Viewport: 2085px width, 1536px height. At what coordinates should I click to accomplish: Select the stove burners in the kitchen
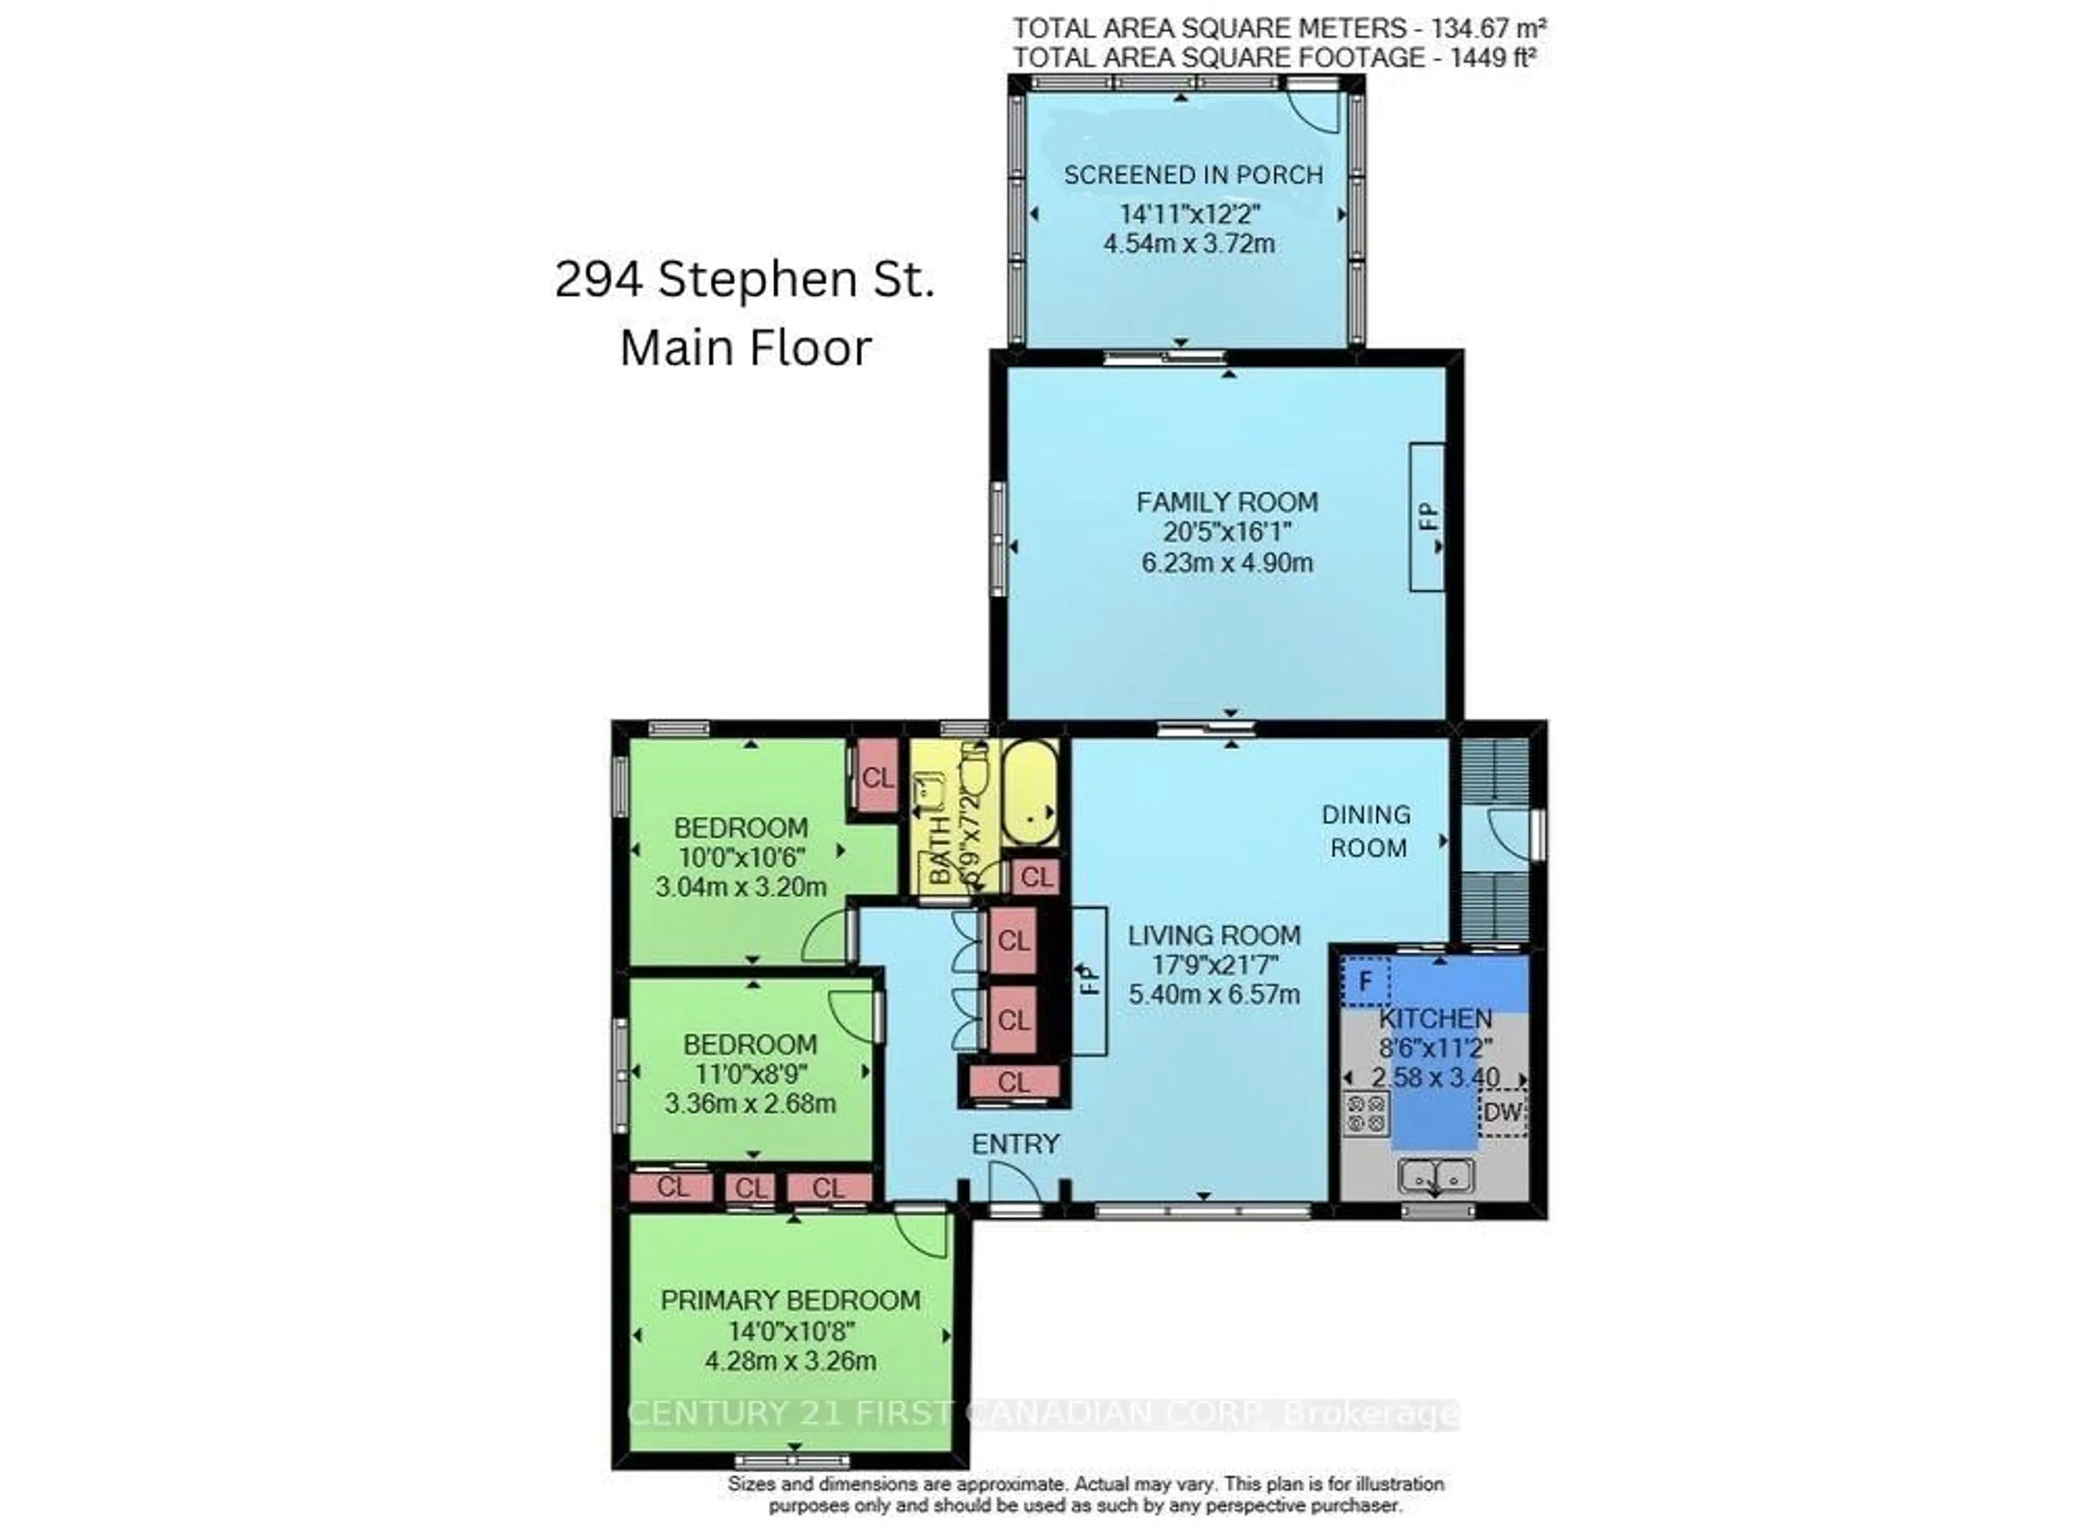(1365, 1114)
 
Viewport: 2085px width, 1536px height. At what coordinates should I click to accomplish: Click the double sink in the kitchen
(1435, 1176)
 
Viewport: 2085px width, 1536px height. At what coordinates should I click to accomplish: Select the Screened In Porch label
(1192, 175)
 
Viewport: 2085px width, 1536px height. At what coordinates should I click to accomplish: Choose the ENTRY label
(1015, 1144)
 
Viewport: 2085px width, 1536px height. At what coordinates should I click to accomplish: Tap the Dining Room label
(1366, 831)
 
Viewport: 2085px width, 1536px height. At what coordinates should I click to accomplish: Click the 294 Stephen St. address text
(744, 279)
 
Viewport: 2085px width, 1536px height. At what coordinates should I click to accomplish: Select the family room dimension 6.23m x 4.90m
(1227, 562)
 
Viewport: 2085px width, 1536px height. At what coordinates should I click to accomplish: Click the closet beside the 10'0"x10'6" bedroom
(876, 777)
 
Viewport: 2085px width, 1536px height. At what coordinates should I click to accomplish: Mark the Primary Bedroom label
(789, 1300)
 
